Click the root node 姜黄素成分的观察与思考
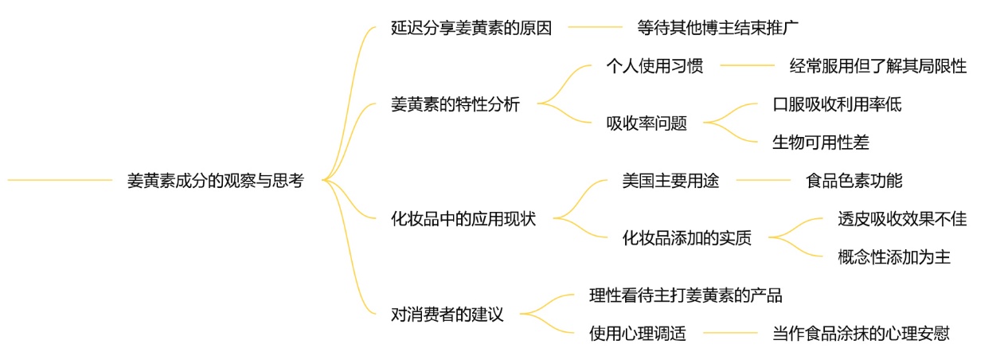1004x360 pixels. pos(215,181)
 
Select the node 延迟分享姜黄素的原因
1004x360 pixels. pos(471,27)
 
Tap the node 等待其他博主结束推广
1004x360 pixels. pos(718,27)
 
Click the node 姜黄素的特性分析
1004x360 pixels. pos(455,104)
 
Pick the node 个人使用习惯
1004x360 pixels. pos(654,66)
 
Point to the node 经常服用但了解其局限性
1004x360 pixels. pos(877,66)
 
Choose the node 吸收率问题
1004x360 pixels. pos(647,123)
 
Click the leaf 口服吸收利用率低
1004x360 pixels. pos(837,104)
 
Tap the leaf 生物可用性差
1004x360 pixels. pos(821,143)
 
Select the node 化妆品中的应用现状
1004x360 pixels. pos(463,219)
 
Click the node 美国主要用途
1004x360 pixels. pos(670,181)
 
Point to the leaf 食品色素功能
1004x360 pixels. pos(854,181)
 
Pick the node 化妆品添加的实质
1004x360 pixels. pos(686,238)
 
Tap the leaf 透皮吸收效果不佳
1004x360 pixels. pos(902,219)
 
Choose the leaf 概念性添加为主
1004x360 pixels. pos(894,257)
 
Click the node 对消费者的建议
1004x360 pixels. pos(447,315)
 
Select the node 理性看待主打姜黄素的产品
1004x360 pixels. pos(686,295)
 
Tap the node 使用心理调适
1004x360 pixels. pos(638,334)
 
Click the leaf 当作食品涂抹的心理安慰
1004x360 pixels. pos(861,334)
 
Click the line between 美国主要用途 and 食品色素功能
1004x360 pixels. pos(762,181)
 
